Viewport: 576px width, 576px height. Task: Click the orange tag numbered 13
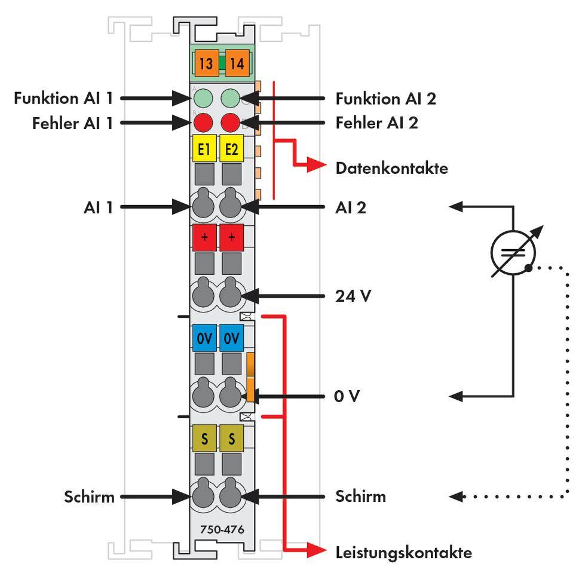coord(206,64)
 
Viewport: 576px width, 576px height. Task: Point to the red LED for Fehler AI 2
coord(231,123)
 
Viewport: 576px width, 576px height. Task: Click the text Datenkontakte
coord(391,168)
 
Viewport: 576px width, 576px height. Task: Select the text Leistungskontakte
coord(403,552)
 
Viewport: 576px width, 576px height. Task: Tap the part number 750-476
coord(217,529)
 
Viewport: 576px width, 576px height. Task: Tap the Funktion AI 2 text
coord(385,98)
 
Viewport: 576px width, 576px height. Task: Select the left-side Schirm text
coord(89,496)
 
